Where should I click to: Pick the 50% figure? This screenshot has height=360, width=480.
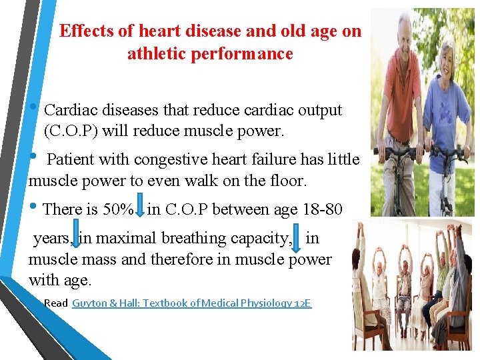point(118,209)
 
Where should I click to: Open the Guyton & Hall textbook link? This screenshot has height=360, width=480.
point(191,303)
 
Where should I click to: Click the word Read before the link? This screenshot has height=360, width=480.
point(56,303)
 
